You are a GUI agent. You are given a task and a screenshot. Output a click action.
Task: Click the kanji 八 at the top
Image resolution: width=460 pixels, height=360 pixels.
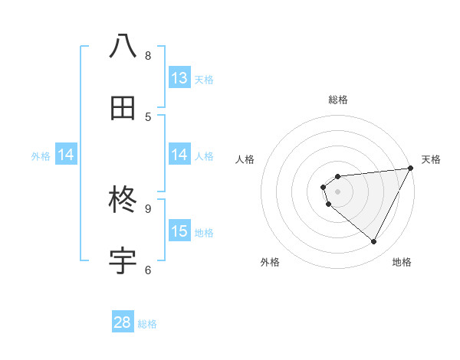pos(123,46)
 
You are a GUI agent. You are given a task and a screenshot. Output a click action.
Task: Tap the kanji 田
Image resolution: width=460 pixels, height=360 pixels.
pos(123,108)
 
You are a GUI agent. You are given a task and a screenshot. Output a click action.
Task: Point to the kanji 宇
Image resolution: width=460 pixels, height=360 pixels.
pos(123,261)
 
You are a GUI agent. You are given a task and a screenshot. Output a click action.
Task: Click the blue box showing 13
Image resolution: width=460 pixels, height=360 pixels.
pos(179,78)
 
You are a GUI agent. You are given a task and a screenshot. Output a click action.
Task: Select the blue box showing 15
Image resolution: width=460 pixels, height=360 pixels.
pos(179,231)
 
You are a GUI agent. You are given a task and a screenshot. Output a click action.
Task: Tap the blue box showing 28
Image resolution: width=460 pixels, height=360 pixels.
pos(123,322)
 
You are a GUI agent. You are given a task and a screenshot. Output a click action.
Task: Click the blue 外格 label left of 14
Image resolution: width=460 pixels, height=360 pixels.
pos(41,155)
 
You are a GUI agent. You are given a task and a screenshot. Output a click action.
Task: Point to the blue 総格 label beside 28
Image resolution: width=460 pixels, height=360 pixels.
pos(147,324)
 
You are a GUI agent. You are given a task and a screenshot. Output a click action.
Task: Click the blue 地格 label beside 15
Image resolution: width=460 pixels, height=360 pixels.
pos(204,233)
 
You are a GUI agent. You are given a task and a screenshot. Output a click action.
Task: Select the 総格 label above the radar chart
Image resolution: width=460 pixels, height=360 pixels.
pos(338,100)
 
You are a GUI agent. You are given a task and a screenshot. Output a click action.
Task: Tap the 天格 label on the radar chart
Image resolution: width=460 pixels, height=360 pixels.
pos(431,159)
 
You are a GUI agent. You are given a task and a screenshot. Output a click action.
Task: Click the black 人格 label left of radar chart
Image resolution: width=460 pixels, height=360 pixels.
pos(245,159)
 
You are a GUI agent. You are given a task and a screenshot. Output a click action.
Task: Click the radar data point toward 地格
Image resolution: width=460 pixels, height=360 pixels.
pos(374,242)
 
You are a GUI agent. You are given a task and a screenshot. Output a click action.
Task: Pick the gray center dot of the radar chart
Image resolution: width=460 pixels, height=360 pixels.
pos(337,191)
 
